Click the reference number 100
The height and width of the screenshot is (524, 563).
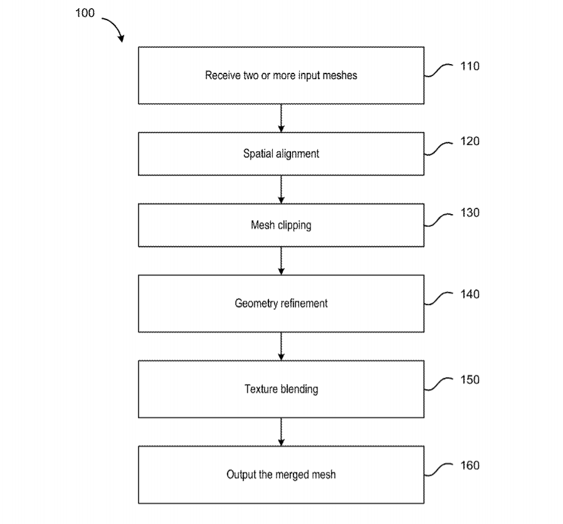(85, 13)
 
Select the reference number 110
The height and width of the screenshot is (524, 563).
(470, 66)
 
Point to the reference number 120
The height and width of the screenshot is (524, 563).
(470, 141)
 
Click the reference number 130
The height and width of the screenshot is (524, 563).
(470, 213)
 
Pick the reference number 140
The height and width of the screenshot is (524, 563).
(470, 294)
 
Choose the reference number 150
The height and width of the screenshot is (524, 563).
(470, 380)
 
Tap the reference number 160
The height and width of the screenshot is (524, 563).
(470, 466)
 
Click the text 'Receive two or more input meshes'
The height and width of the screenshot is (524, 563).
(281, 75)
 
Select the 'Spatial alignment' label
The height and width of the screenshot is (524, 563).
(281, 154)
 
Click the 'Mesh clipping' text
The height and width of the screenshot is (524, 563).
(281, 225)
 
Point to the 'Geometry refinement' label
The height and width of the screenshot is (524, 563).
(281, 304)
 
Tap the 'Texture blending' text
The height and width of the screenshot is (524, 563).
(281, 389)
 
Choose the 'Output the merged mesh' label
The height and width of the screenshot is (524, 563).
(281, 475)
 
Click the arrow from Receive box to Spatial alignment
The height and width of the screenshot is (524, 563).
(281, 118)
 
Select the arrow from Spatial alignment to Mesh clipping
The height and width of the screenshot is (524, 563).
(281, 190)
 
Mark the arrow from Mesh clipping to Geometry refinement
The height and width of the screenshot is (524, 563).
(281, 261)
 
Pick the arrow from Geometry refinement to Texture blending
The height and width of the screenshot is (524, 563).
(281, 346)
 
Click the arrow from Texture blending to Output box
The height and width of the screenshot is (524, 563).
(281, 432)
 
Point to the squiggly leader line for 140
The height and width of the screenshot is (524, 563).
(438, 298)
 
